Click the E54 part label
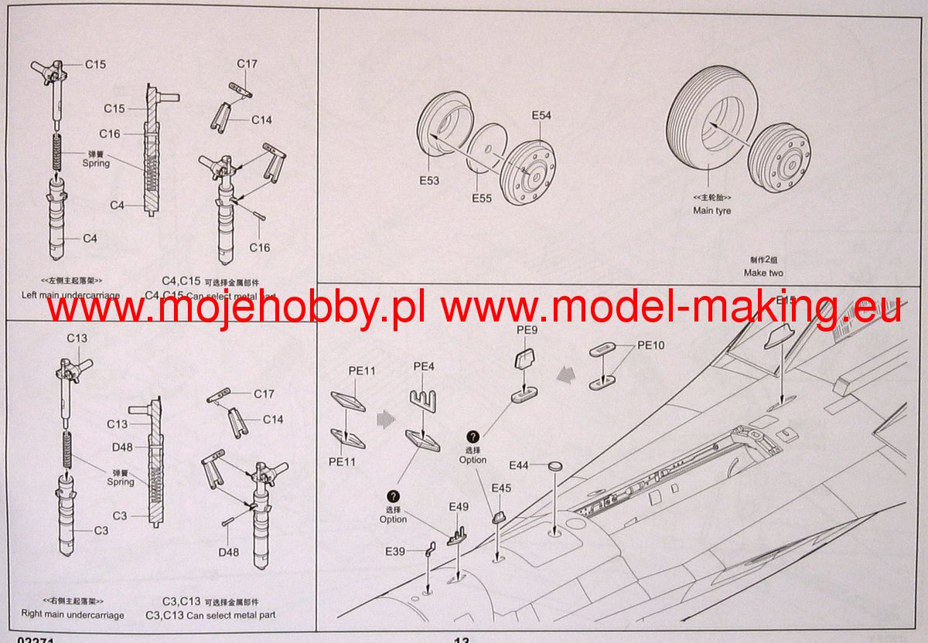coord(541,115)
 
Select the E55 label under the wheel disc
coord(481,199)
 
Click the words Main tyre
coord(711,210)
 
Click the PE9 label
coord(527,331)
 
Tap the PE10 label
coord(650,345)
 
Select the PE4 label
coord(425,366)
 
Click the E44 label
coord(519,465)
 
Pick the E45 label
coord(501,488)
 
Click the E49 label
coord(459,507)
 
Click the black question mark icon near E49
coord(394,496)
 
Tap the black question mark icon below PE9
coord(473,437)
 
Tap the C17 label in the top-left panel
coord(247,63)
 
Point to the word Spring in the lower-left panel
coord(121,481)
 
